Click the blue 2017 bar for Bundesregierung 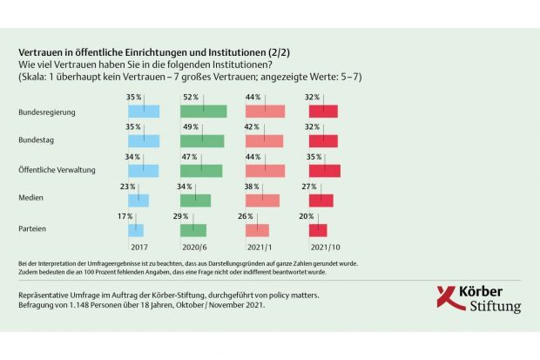144,112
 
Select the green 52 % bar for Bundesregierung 203,112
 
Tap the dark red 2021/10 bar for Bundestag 323,141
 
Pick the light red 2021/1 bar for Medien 262,200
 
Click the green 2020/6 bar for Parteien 193,230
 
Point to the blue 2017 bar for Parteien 136,230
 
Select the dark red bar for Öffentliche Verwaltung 325,171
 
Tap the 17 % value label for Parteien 125,215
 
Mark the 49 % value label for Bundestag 190,126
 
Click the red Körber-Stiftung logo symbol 449,298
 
